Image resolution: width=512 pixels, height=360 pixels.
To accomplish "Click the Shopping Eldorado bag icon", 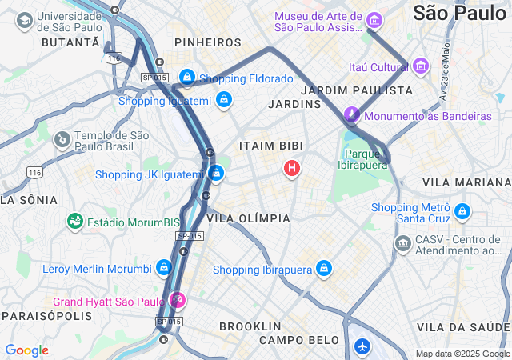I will pyautogui.click(x=187, y=78).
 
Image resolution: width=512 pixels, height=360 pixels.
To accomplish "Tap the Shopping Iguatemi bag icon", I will pyautogui.click(x=224, y=100).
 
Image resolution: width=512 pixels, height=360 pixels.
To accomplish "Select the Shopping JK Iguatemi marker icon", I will pyautogui.click(x=215, y=172).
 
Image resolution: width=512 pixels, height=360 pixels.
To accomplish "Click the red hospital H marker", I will pyautogui.click(x=293, y=168).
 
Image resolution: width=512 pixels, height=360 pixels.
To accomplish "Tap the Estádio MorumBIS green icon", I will pyautogui.click(x=75, y=220).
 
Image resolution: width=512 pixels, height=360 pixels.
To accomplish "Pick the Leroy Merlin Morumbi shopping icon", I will pyautogui.click(x=164, y=267).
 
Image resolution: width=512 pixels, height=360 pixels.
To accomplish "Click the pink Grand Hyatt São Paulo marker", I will pyautogui.click(x=178, y=301).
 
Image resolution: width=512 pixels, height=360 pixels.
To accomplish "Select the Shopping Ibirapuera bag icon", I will pyautogui.click(x=324, y=268).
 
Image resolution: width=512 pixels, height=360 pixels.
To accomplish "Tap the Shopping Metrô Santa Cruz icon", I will pyautogui.click(x=462, y=212).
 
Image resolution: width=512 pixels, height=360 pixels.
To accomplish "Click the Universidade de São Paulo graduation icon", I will pyautogui.click(x=25, y=19).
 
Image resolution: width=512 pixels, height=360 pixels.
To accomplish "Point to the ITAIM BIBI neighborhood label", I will pyautogui.click(x=268, y=146).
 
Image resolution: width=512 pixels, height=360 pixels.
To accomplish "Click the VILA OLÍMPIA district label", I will pyautogui.click(x=248, y=218).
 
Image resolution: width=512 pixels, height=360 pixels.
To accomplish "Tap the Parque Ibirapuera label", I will pyautogui.click(x=366, y=159).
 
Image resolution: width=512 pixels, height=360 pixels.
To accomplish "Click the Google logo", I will pyautogui.click(x=26, y=350).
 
